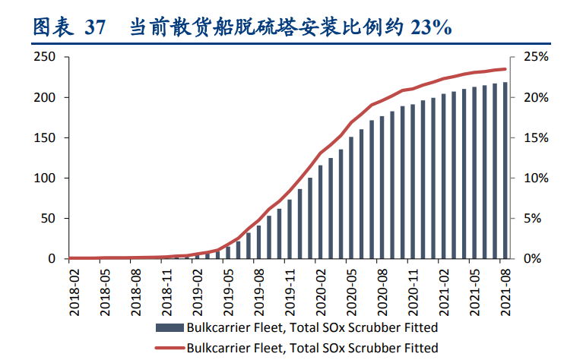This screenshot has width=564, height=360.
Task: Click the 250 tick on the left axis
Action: tap(45, 57)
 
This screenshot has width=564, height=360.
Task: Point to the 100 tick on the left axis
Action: tap(45, 178)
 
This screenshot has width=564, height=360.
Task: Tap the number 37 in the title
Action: tap(95, 28)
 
